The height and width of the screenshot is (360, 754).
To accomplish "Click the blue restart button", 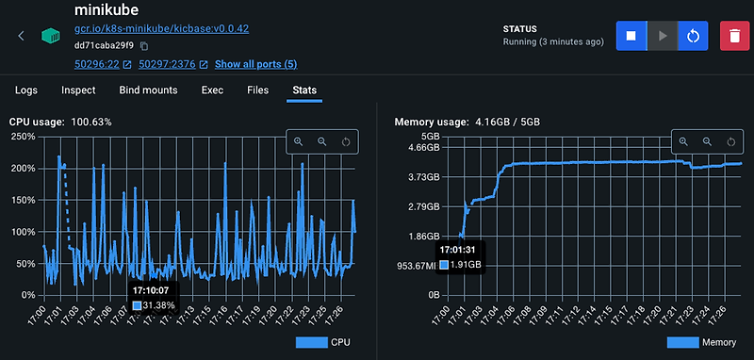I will click(x=693, y=36).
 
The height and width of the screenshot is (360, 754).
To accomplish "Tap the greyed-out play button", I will click(x=663, y=36).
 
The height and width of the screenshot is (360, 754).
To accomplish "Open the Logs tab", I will click(x=26, y=90).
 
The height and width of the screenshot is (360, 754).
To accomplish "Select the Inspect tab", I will click(x=78, y=90).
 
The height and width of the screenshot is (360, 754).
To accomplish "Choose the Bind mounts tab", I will click(x=149, y=90).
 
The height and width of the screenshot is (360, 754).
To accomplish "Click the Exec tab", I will click(x=212, y=90).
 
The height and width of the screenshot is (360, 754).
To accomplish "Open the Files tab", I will click(x=257, y=90).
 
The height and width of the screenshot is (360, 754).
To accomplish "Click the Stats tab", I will click(x=304, y=90).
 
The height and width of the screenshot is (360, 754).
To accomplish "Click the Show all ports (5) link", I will click(x=255, y=64).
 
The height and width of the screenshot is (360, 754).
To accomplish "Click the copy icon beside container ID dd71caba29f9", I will click(x=144, y=46).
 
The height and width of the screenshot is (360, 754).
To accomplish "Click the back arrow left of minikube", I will click(x=22, y=36).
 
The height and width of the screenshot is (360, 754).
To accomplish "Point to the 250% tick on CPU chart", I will click(x=23, y=137).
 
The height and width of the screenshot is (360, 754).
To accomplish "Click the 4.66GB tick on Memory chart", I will click(x=422, y=148).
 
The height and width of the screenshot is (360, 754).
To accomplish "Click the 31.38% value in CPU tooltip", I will click(x=159, y=305).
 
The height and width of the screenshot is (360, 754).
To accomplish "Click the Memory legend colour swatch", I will click(x=686, y=342).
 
